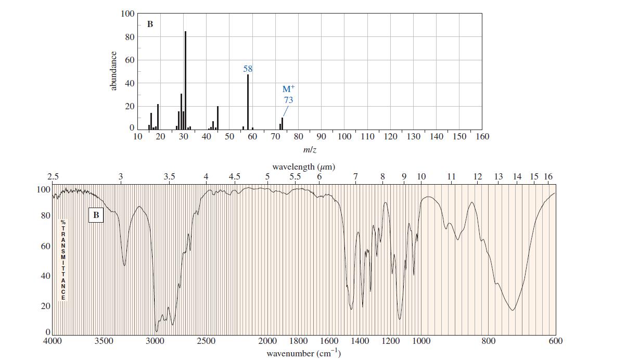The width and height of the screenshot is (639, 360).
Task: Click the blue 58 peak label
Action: click(x=248, y=69)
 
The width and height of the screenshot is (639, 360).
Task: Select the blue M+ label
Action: click(x=288, y=89)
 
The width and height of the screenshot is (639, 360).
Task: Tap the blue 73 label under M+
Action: click(x=288, y=100)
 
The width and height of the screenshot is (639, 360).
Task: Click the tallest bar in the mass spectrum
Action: click(x=185, y=80)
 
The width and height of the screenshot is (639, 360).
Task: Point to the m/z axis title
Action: click(x=310, y=150)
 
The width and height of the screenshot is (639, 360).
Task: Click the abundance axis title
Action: click(x=113, y=71)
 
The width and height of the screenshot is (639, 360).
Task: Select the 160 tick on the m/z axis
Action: click(x=482, y=137)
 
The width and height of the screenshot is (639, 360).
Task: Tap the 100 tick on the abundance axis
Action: click(x=127, y=14)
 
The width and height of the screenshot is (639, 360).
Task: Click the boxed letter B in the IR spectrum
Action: click(x=96, y=214)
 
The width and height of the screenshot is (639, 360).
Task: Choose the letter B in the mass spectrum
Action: click(x=150, y=24)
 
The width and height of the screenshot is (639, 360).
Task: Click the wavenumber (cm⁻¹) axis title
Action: click(x=303, y=353)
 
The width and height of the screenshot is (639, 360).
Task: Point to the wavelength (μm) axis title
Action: click(x=303, y=167)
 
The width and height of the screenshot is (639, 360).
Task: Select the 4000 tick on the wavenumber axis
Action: click(x=52, y=341)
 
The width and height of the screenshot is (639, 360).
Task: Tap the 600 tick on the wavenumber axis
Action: click(x=555, y=341)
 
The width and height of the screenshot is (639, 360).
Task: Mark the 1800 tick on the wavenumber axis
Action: click(x=298, y=341)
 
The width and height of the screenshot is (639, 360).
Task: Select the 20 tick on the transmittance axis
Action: click(x=46, y=306)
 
